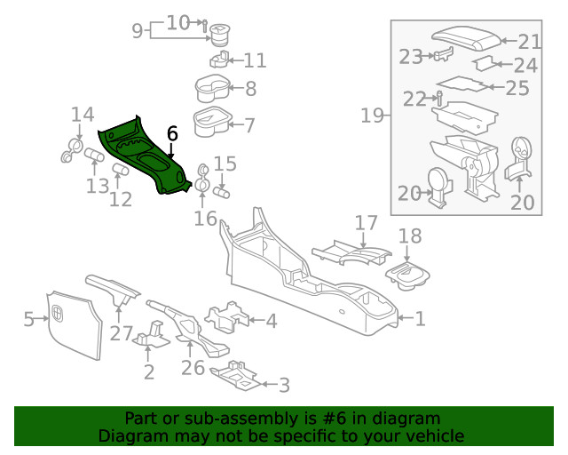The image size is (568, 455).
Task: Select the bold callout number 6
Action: click(172, 133)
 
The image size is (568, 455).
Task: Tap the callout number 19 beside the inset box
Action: click(372, 115)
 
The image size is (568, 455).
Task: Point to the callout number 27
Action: click(121, 335)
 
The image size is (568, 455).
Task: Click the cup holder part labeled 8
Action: click(213, 90)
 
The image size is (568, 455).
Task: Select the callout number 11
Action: click(255, 60)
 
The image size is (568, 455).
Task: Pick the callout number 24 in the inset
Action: click(525, 65)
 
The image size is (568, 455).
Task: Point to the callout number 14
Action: click(83, 115)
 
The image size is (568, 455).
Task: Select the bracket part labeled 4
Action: click(225, 317)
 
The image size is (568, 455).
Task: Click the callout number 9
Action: click(138, 31)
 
